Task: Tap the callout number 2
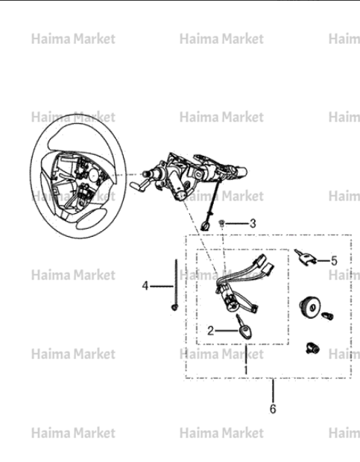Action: point(210,331)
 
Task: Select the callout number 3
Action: point(253,224)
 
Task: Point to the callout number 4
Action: point(145,286)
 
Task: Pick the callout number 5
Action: point(334,261)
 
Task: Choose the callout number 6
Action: point(273,409)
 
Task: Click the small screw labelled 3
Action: point(221,223)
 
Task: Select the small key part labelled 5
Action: point(305,257)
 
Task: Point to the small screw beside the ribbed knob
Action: point(328,316)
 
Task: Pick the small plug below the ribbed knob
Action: point(313,348)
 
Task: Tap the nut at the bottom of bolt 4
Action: point(174,308)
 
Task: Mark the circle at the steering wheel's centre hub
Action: point(94,176)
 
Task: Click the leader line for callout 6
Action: point(273,390)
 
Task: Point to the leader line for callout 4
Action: point(162,286)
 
